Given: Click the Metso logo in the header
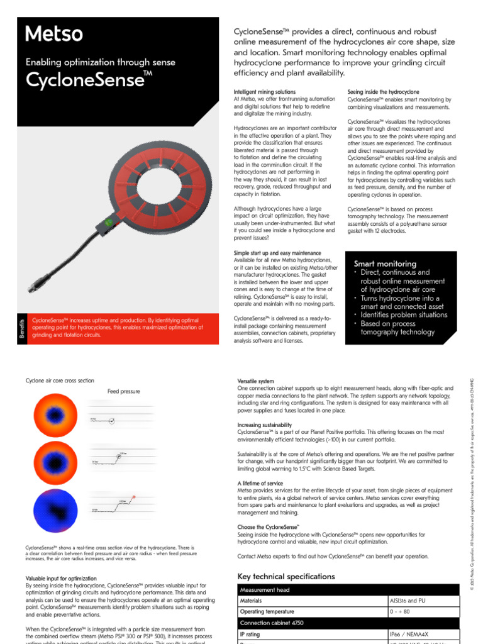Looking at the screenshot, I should click(54, 34).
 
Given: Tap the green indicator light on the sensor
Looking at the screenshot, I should click(108, 222).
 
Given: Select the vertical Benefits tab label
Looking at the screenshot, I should click(21, 328).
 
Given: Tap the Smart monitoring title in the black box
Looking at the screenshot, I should click(385, 264).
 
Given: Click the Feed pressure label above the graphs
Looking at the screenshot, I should click(123, 391).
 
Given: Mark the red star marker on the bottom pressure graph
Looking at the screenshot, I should click(133, 497).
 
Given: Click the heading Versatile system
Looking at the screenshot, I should click(255, 382).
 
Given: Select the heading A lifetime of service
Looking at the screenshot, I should click(260, 483).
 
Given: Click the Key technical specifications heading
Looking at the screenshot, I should click(286, 577).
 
